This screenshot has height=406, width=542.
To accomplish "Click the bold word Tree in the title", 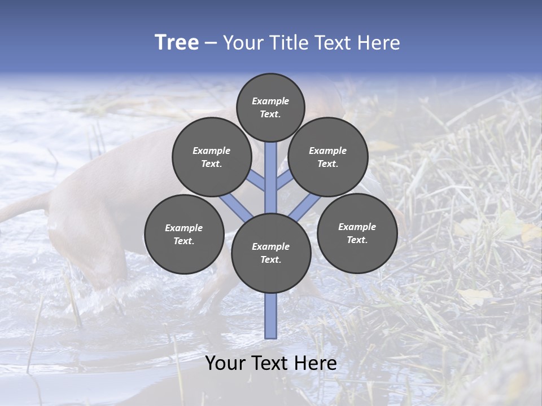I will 177,43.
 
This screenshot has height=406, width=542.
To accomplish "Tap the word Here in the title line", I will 378,43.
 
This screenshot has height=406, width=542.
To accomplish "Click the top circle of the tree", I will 270,107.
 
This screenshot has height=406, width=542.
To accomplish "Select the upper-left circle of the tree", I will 212,157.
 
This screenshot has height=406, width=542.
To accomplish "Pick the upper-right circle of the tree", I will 328,157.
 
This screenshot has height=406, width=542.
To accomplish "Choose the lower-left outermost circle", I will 184,234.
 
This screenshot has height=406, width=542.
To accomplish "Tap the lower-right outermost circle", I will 357,233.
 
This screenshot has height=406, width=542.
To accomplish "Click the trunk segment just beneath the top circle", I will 271,164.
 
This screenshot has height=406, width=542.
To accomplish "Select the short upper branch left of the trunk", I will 257,182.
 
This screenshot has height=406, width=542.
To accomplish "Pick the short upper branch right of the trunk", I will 284,181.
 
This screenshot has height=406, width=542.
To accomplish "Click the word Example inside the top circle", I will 270,101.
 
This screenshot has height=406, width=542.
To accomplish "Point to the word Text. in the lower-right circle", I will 357,240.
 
